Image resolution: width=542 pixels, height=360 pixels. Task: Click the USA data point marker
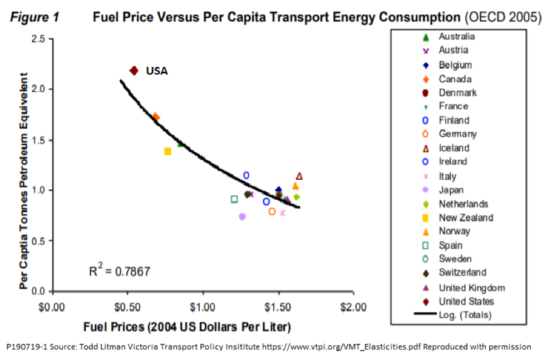pyautogui.click(x=134, y=71)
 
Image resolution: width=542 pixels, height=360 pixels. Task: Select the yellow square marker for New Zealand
pyautogui.click(x=167, y=151)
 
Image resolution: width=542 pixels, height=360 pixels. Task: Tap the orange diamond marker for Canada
pyautogui.click(x=156, y=117)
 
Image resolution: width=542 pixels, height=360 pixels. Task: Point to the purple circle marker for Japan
pyautogui.click(x=242, y=216)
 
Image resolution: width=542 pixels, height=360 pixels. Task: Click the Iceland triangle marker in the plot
pyautogui.click(x=299, y=176)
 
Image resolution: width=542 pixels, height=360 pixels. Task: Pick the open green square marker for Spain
pyautogui.click(x=234, y=199)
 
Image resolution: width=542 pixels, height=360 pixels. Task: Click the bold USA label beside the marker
pyautogui.click(x=157, y=71)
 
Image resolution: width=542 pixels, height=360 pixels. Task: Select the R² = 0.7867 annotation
pyautogui.click(x=120, y=272)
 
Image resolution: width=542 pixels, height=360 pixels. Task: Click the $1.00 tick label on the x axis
pyautogui.click(x=203, y=307)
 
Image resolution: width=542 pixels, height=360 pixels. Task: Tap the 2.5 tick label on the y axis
pyautogui.click(x=39, y=39)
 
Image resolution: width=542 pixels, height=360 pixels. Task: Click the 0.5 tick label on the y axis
pyautogui.click(x=39, y=241)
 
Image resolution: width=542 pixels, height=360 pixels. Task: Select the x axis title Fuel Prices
pyautogui.click(x=187, y=326)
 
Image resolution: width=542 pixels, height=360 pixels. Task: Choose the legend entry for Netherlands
pyautogui.click(x=463, y=204)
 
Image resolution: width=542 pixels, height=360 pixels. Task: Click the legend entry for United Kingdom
pyautogui.click(x=471, y=288)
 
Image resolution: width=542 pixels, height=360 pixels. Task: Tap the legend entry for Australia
pyautogui.click(x=456, y=37)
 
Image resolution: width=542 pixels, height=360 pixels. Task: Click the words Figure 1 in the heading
pyautogui.click(x=35, y=17)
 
